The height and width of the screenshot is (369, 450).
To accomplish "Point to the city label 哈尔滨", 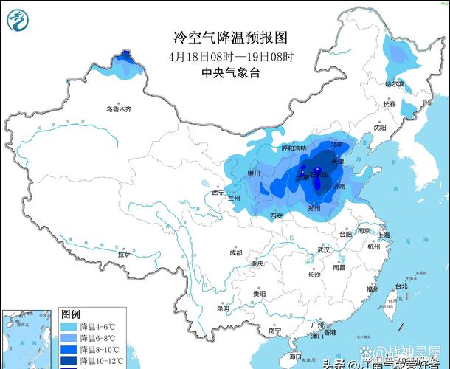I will click(x=395, y=84).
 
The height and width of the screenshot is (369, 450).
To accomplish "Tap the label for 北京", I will click(x=336, y=145).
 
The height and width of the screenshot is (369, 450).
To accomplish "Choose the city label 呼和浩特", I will click(x=293, y=148).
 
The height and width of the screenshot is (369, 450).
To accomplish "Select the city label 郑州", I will click(x=314, y=209).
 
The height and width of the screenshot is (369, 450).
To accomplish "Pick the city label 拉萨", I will click(x=123, y=254).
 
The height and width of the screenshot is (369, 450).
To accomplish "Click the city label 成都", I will click(x=235, y=252).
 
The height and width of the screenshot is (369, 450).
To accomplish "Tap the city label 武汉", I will click(x=323, y=249).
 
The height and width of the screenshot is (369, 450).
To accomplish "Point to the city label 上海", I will click(x=384, y=235).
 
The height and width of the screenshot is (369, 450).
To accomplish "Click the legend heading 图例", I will click(x=71, y=314).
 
